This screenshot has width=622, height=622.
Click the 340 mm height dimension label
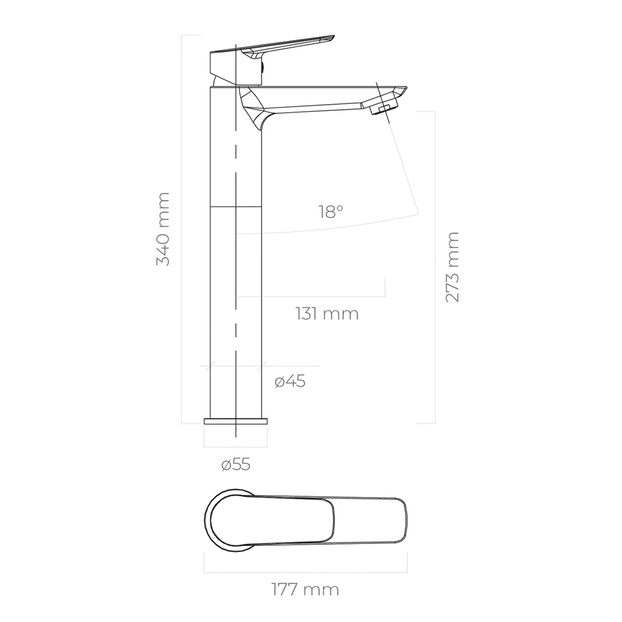click(163, 229)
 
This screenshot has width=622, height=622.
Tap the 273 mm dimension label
click(452, 267)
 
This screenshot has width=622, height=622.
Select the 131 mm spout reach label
click(327, 313)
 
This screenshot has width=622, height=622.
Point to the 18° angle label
click(331, 212)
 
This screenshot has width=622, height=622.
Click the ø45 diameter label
click(290, 381)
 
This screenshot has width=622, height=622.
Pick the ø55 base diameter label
click(236, 465)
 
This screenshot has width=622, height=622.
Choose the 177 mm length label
click(306, 589)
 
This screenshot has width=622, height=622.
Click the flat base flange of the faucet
click(236, 421)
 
